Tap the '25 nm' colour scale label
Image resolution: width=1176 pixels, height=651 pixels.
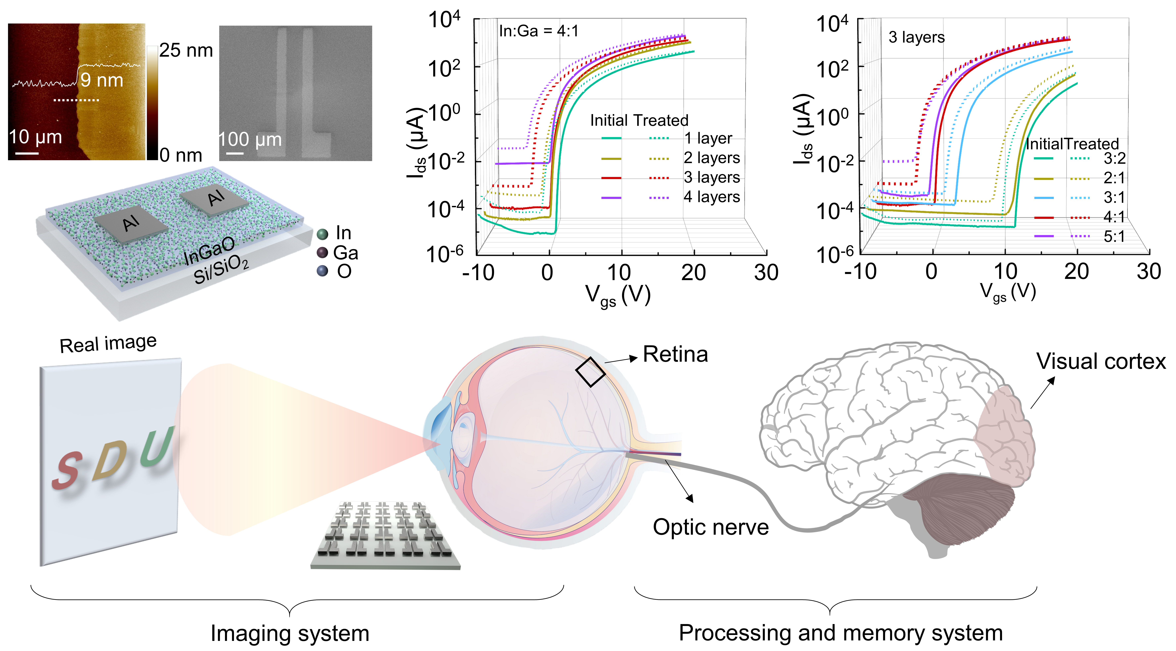[186, 50]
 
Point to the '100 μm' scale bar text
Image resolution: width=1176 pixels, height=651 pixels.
[250, 140]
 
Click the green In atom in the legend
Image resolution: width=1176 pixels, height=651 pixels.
[322, 234]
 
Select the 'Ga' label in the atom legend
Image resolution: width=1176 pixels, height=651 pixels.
[346, 252]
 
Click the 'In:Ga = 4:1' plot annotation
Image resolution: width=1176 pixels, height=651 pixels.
[539, 31]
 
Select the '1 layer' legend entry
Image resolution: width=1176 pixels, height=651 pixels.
[708, 138]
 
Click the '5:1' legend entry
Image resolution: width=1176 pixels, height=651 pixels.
[1114, 237]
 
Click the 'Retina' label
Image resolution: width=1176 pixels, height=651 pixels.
[675, 354]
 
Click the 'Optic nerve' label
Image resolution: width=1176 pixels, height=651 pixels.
[710, 527]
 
